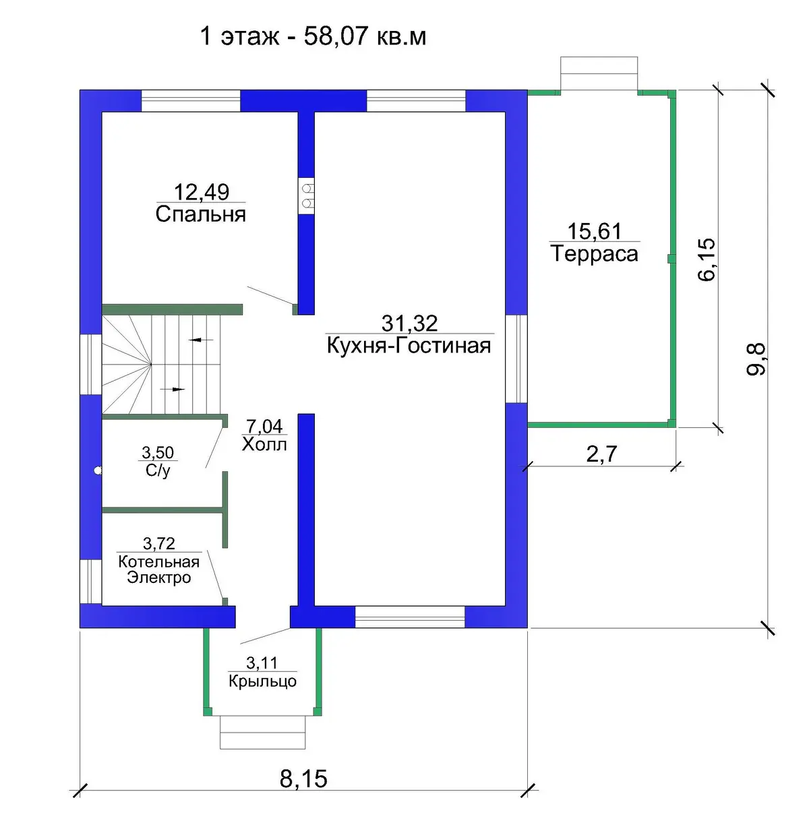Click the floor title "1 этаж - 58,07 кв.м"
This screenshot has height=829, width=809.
(313, 36)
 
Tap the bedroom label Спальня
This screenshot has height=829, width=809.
(201, 214)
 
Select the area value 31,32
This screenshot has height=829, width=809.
(409, 324)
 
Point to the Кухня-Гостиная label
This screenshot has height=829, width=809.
(409, 346)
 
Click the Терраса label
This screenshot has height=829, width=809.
(595, 253)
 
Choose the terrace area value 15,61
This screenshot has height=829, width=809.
(595, 231)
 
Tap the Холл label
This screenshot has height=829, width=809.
(264, 444)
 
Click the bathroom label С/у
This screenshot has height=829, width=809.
(158, 470)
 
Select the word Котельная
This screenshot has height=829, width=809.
(159, 562)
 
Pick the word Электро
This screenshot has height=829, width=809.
(159, 578)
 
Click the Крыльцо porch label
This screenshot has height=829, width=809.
(262, 681)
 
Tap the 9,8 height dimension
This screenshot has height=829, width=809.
(756, 359)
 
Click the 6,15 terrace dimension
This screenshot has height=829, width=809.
(707, 259)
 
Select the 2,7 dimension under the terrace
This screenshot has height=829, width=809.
(601, 454)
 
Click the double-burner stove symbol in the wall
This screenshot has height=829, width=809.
(306, 195)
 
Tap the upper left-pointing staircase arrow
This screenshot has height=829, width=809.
(201, 340)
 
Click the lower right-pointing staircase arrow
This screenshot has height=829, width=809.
(173, 389)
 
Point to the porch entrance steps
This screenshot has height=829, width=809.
(262, 733)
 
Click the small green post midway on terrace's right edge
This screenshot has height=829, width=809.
(671, 259)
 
